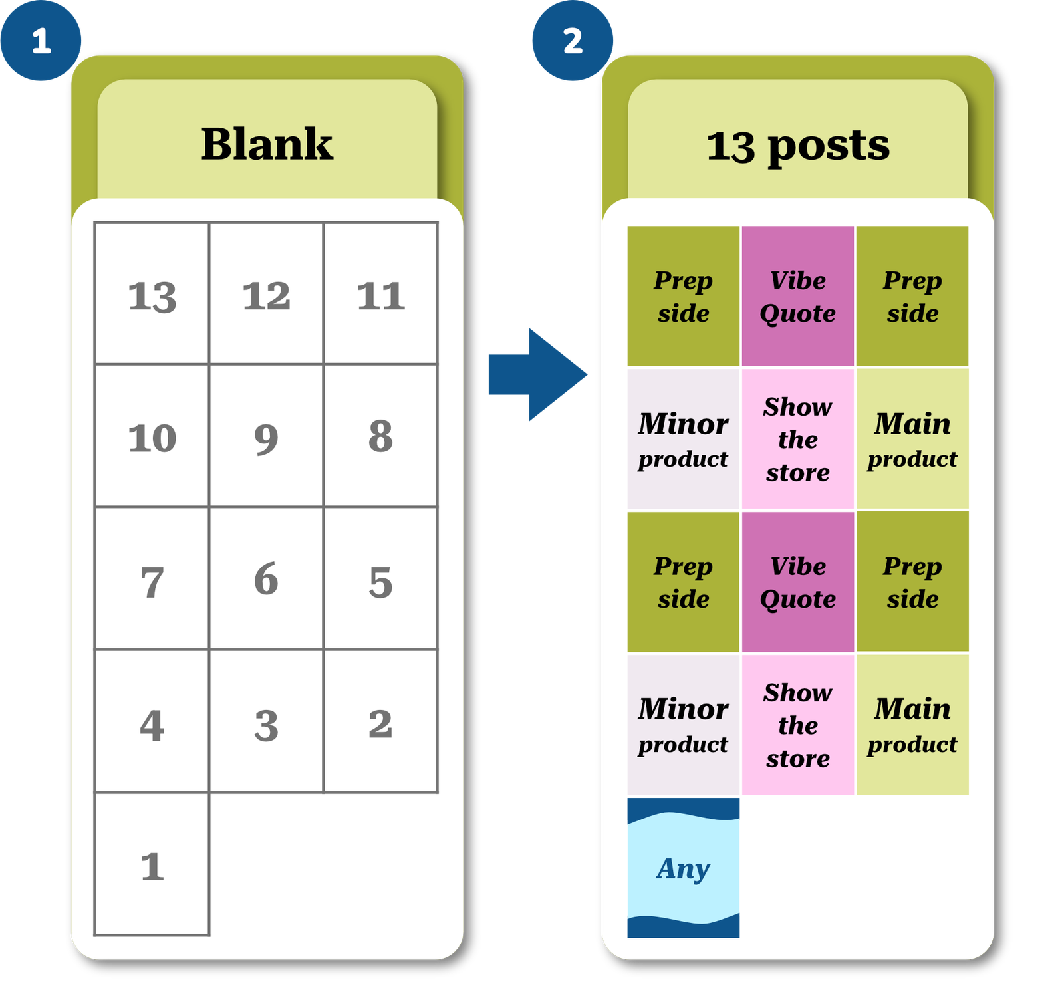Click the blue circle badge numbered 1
tap(41, 41)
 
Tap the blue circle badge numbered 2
tap(572, 41)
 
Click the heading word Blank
tap(267, 144)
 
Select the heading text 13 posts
tap(797, 145)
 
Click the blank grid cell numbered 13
tap(152, 294)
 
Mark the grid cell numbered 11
tap(380, 294)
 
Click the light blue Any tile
tap(684, 868)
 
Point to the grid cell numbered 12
tap(266, 294)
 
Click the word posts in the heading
tap(828, 146)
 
